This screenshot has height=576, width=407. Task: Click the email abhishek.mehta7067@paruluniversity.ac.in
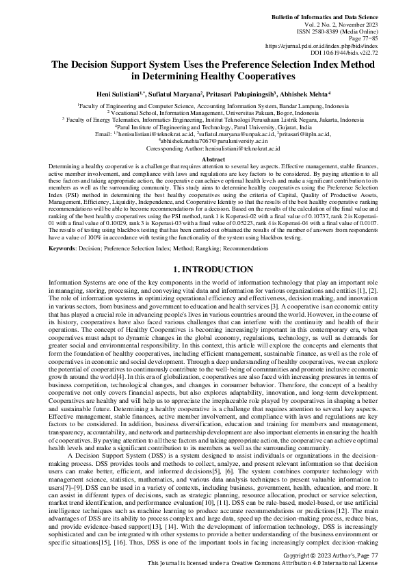click(203, 127)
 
